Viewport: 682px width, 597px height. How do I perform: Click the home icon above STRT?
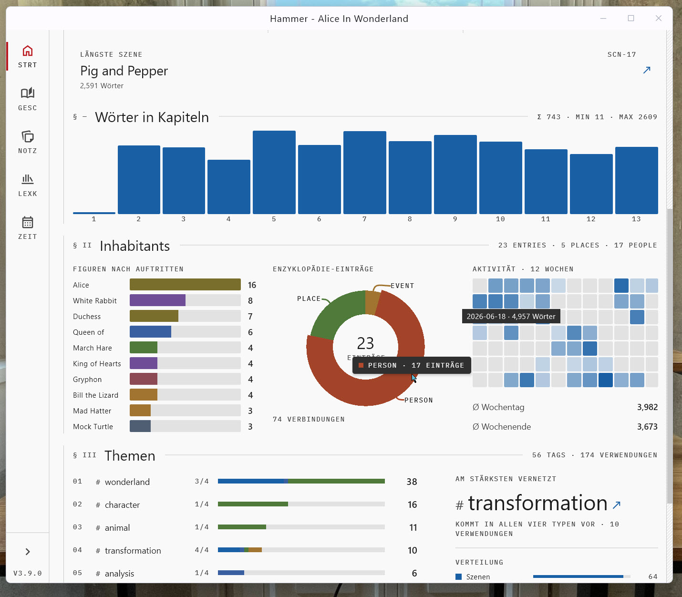point(27,51)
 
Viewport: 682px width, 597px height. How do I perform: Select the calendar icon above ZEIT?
point(27,222)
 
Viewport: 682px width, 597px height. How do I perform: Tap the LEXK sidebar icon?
point(27,179)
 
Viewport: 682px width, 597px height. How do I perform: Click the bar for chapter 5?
point(274,172)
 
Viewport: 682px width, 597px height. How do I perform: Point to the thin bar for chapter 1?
point(94,213)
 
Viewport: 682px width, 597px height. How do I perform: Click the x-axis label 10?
point(500,219)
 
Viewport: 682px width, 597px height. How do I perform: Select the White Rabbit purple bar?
point(158,300)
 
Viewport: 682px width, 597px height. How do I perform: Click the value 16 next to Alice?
point(252,285)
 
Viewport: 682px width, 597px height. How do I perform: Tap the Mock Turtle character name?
point(93,426)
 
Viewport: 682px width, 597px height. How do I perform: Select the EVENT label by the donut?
point(403,286)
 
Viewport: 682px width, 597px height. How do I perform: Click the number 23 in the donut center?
point(365,343)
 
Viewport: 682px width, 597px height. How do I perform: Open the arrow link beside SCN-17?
point(647,70)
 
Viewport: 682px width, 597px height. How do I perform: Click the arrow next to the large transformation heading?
point(616,505)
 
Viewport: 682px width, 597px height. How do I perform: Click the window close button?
point(658,18)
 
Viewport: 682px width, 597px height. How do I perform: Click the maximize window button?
point(630,18)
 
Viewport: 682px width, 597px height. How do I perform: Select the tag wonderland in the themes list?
point(127,482)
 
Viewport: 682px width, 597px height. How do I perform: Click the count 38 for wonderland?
point(412,482)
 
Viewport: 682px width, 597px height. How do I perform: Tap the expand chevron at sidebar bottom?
point(28,552)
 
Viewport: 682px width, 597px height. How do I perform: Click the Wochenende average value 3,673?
point(647,427)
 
